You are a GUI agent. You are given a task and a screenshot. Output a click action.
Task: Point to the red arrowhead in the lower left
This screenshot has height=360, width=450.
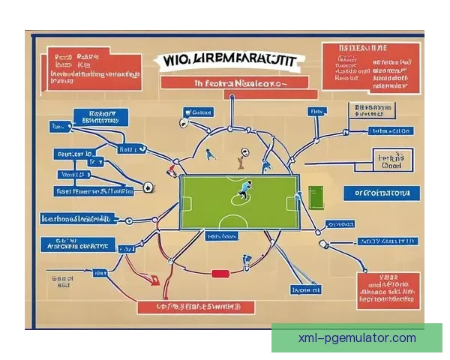click(x=154, y=280)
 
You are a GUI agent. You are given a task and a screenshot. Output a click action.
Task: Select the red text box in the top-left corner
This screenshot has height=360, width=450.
click(x=91, y=66)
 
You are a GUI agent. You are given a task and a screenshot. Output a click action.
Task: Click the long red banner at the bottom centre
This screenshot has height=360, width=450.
click(x=196, y=306)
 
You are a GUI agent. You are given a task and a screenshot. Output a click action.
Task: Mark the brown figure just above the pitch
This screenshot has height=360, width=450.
click(x=240, y=159)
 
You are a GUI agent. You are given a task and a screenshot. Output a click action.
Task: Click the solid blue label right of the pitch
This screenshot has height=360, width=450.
click(x=380, y=193)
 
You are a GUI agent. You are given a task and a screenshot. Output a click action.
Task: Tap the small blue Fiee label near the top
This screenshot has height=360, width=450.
click(x=317, y=111)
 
